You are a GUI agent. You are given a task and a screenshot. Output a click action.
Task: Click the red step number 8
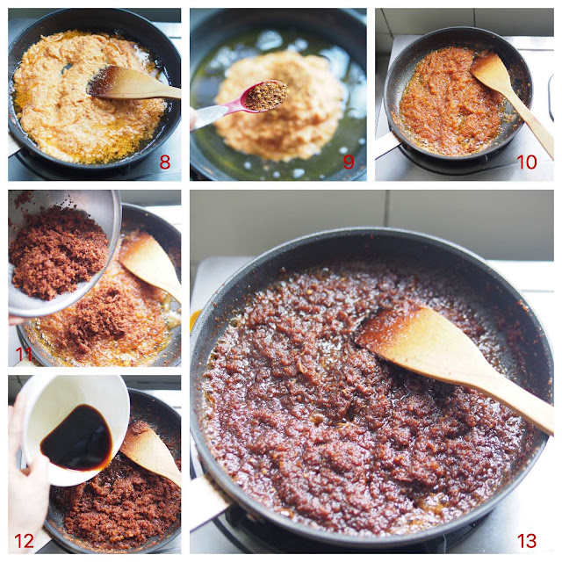click(x=164, y=162)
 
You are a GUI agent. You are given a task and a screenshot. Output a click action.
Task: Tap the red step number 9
click(x=349, y=162)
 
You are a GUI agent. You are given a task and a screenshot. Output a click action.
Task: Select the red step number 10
click(x=527, y=162)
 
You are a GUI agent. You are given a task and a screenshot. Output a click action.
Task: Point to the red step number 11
click(x=24, y=355)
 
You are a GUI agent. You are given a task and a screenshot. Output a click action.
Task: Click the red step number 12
click(x=24, y=541)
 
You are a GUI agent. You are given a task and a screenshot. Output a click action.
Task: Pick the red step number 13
click(x=527, y=541)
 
